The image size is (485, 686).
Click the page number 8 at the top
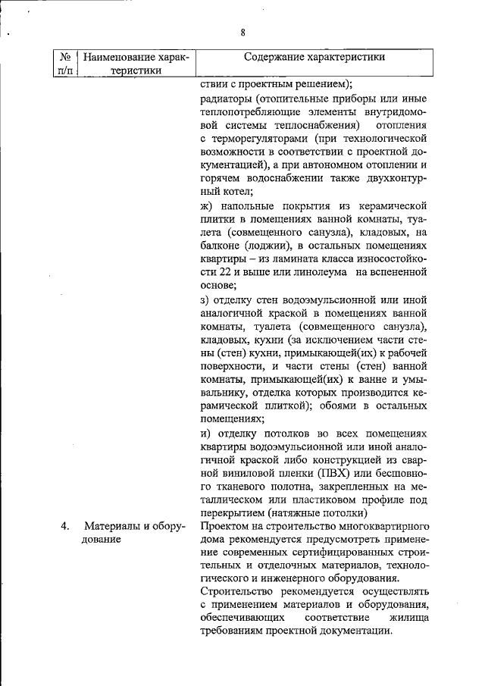coord(242,33)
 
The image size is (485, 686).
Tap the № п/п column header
coord(66,64)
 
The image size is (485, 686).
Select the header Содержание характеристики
coord(314,57)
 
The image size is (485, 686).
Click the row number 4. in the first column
coord(66,525)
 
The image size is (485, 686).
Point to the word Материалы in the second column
coord(111,525)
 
